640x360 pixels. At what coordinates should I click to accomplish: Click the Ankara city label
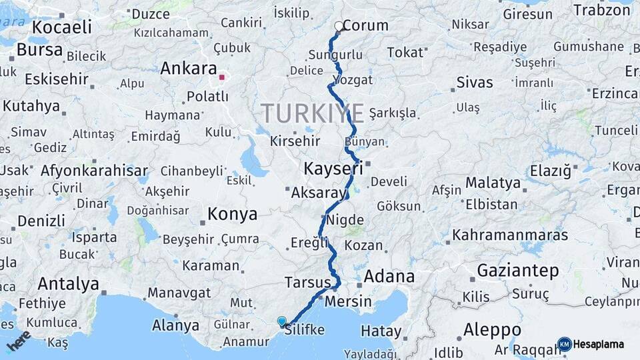[x=189, y=69]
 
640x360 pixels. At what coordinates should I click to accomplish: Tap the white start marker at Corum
[x=339, y=27]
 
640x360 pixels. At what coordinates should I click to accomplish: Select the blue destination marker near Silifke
[x=282, y=321]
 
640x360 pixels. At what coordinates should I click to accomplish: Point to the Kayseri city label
[x=333, y=167]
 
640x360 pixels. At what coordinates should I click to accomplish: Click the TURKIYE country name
[x=312, y=113]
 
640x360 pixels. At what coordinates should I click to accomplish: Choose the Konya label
[x=232, y=214]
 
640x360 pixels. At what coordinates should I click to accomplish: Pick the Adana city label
[x=389, y=276]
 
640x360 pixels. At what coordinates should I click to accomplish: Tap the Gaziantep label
[x=517, y=271]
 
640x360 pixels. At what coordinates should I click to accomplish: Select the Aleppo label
[x=492, y=329]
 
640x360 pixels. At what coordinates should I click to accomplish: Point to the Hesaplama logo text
[x=599, y=345]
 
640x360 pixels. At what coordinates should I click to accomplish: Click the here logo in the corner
[x=19, y=340]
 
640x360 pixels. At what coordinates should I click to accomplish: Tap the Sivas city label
[x=475, y=83]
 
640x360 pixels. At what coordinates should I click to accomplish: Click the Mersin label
[x=348, y=301]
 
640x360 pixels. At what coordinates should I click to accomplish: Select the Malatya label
[x=493, y=183]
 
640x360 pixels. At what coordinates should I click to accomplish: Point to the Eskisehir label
[x=56, y=79]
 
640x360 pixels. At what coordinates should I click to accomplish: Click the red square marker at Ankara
[x=222, y=77]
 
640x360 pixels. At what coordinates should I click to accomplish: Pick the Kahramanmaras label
[x=510, y=235]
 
